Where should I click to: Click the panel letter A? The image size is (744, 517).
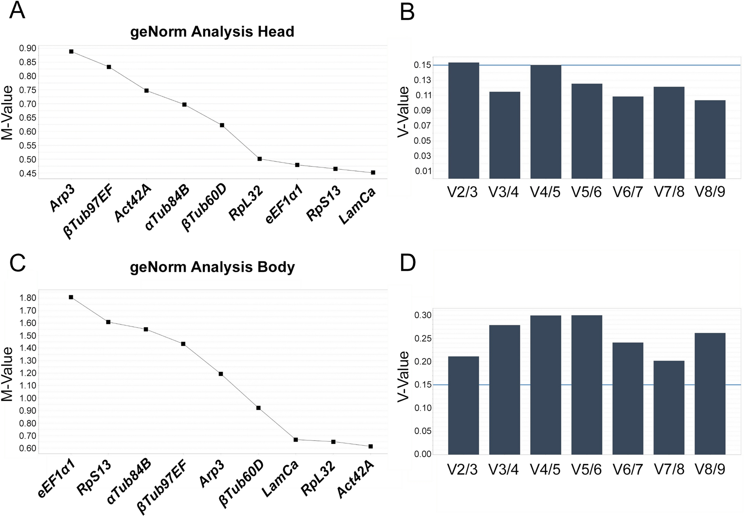tap(17, 11)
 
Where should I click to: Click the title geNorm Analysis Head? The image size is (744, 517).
tap(212, 32)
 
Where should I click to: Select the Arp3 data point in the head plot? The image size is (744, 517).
tap(71, 52)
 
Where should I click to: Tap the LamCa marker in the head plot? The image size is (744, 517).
tap(373, 172)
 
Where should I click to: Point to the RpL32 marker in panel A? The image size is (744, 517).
tap(260, 159)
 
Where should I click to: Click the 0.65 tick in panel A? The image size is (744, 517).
tap(28, 118)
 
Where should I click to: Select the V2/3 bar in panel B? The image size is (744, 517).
tap(463, 121)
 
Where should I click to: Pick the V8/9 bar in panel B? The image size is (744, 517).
tap(710, 139)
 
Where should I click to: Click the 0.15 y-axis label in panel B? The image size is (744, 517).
tap(423, 65)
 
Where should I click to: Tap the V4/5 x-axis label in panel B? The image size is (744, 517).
tap(545, 192)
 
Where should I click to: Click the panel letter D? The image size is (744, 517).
tap(408, 263)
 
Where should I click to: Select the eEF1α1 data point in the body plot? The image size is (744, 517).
tap(71, 297)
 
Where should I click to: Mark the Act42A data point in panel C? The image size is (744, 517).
tap(371, 446)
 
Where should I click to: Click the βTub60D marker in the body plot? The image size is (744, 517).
tap(259, 408)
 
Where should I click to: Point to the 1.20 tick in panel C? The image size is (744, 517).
tap(28, 373)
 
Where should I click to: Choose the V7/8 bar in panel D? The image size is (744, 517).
tap(669, 407)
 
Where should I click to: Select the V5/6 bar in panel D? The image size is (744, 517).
tap(586, 385)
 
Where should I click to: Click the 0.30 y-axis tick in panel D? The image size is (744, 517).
tap(423, 315)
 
